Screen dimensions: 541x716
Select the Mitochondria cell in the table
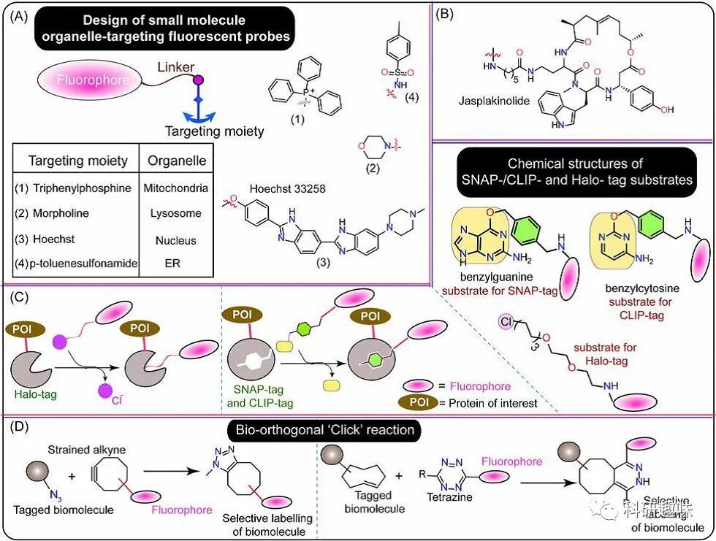pyautogui.click(x=177, y=188)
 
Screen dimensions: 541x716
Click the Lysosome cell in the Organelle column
pyautogui.click(x=177, y=214)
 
